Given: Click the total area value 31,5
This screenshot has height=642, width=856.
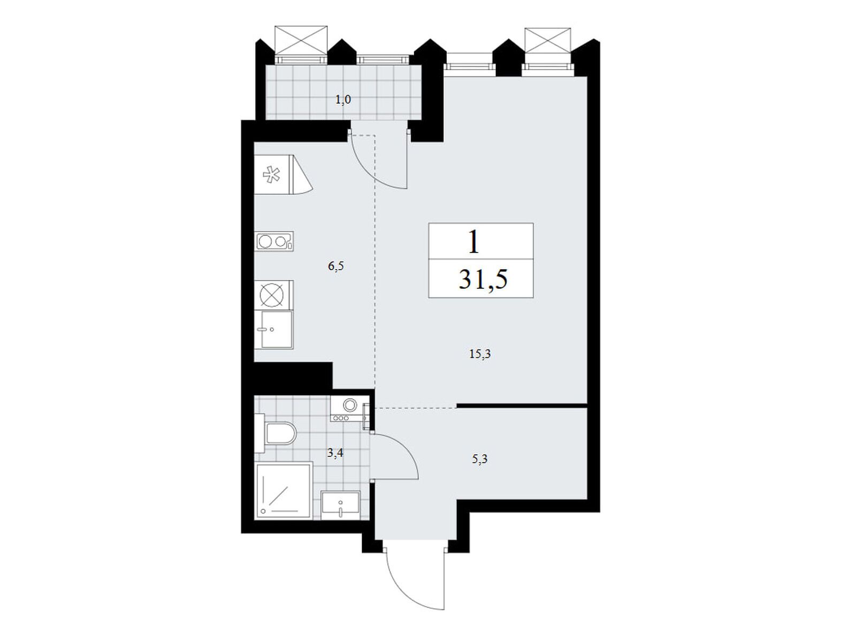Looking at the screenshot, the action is (x=483, y=279).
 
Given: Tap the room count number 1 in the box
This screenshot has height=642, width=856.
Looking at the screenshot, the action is (x=473, y=242).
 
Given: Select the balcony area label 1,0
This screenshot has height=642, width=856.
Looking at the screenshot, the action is (x=343, y=100).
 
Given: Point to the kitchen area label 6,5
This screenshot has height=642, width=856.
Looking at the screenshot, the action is (x=336, y=266).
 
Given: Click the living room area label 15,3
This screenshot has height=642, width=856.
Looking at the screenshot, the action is (x=480, y=354).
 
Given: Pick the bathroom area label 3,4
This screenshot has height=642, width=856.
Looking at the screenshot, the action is (x=335, y=453).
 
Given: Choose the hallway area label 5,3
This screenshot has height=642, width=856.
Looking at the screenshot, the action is (x=480, y=459).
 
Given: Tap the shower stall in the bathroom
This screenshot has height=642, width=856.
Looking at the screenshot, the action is (x=284, y=491).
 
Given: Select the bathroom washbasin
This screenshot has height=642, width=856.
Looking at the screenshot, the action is (x=340, y=505).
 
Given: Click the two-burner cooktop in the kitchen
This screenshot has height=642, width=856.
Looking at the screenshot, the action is (x=274, y=241).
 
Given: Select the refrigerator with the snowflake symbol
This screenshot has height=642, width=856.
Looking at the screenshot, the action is (x=283, y=174).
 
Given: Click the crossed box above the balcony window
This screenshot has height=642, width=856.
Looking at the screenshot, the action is (x=301, y=40).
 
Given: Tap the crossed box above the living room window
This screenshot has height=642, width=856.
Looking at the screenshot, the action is (x=547, y=41).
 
